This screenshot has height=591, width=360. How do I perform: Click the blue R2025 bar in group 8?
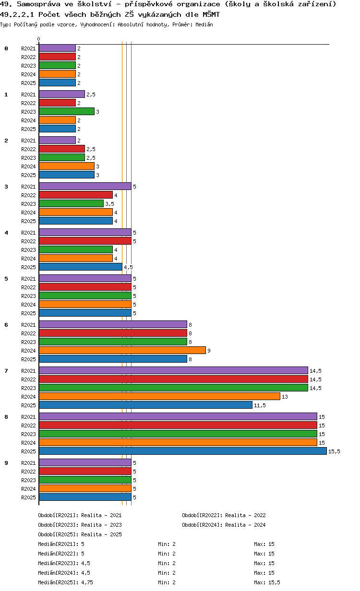point(182,451)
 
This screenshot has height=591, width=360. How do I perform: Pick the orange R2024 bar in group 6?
point(122,350)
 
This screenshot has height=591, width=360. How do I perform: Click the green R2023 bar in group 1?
point(67,111)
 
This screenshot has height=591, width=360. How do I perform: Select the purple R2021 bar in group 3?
point(85,186)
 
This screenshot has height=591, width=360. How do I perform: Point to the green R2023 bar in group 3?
point(71,203)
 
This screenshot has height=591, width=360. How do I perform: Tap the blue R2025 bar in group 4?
point(80,267)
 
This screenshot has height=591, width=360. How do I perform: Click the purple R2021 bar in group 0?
point(57,48)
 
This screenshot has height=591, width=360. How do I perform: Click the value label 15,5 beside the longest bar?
point(334,451)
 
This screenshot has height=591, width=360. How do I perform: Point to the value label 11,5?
point(260,405)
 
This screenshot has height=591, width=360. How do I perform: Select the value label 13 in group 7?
point(285,397)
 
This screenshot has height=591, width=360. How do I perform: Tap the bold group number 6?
point(6,325)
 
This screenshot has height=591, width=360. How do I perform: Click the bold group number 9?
point(6,463)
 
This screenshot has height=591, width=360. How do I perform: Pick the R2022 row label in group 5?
point(28,287)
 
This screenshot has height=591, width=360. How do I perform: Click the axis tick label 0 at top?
point(39,39)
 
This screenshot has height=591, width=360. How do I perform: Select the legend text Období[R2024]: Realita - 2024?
point(224,525)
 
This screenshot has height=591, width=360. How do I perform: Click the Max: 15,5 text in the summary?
point(267,582)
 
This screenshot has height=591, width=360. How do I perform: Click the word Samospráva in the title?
point(31,4)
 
